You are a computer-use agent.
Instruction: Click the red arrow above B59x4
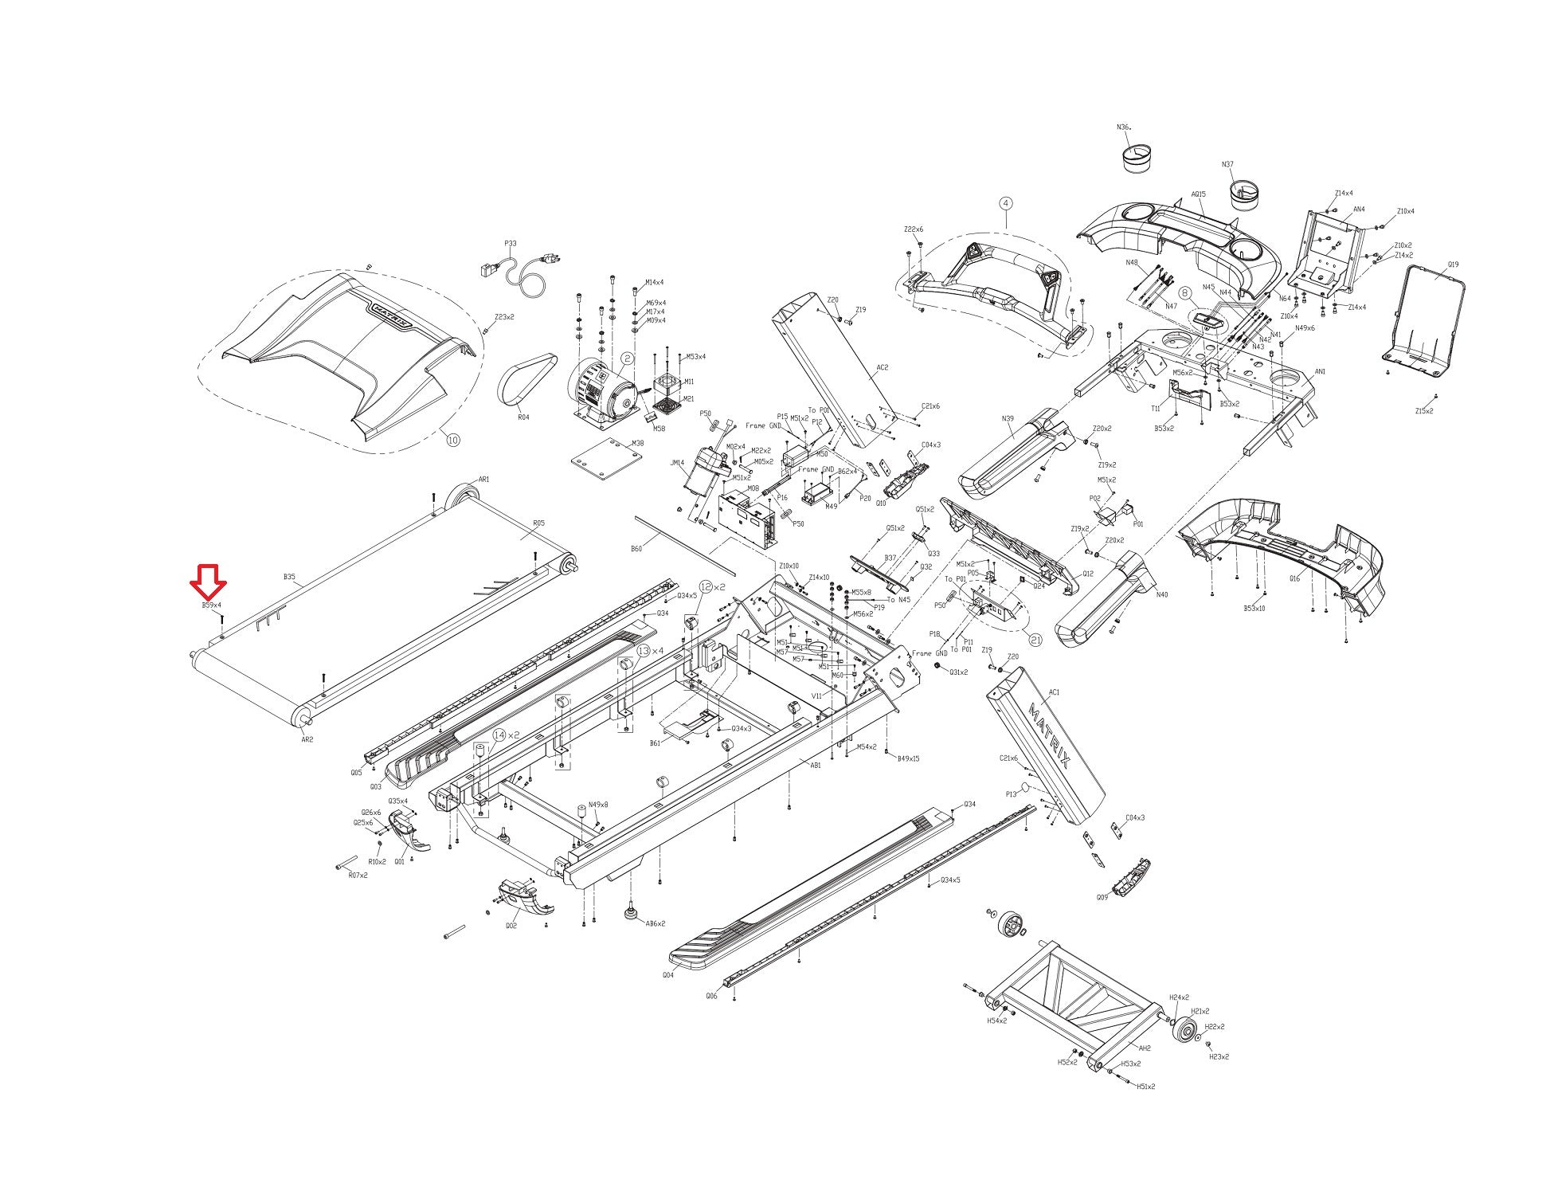(208, 582)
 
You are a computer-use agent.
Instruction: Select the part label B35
(289, 576)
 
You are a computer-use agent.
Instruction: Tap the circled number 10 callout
(452, 440)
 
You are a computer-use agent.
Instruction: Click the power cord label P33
(511, 244)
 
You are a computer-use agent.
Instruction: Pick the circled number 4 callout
(1005, 204)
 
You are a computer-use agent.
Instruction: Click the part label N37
(1227, 165)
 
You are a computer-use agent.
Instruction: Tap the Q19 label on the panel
(1453, 264)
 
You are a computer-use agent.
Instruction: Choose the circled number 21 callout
(1035, 639)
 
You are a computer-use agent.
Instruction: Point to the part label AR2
(307, 739)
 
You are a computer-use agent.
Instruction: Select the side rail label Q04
(667, 974)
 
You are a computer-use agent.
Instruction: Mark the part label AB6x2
(655, 923)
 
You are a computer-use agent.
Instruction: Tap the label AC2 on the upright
(882, 368)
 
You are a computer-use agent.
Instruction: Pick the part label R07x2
(358, 875)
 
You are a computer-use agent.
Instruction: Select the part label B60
(636, 549)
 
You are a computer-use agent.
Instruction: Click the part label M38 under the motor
(637, 444)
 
